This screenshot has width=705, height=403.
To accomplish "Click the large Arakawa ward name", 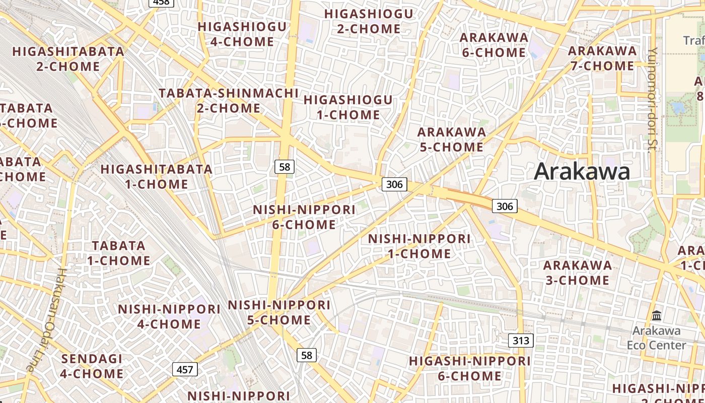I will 582,172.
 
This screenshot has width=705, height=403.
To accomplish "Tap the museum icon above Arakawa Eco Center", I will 657,316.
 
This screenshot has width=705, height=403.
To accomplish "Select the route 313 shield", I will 520,341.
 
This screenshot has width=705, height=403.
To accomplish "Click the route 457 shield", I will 185,370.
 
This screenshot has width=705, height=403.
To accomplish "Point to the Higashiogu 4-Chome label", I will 242,34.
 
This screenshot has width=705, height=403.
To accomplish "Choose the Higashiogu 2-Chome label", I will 369,21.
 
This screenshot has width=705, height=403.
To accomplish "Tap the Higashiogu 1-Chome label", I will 348,107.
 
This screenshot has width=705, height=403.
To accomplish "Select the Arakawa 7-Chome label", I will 602,58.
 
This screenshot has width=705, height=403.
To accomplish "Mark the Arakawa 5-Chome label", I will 452,140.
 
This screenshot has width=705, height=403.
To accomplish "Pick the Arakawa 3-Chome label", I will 578,273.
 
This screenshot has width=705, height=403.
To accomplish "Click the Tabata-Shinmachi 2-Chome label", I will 229,100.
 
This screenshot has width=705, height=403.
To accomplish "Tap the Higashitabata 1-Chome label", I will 157,176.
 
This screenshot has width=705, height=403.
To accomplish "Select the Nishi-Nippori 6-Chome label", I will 304,217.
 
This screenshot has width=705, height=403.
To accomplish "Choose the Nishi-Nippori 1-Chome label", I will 419,246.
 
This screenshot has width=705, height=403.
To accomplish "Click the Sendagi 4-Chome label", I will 92,366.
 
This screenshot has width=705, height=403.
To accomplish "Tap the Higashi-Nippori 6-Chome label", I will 469,368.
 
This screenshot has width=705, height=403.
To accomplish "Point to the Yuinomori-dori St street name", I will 653,98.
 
